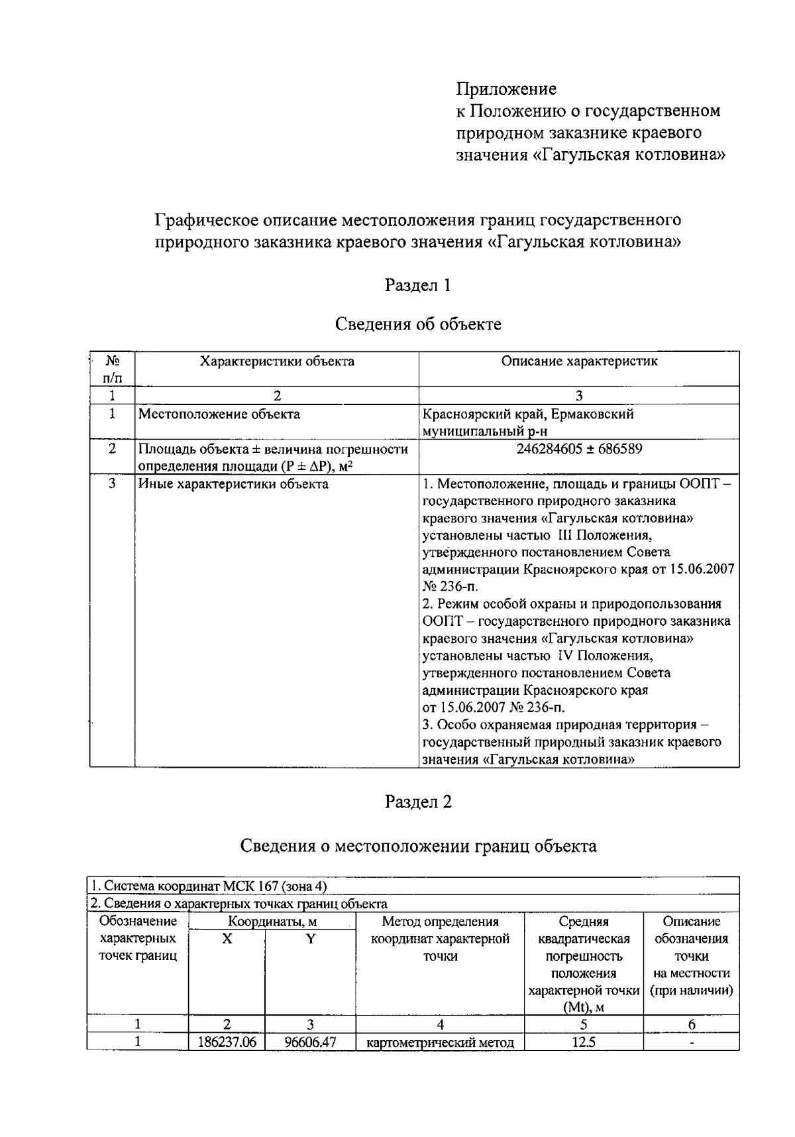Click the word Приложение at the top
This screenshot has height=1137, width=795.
(506, 89)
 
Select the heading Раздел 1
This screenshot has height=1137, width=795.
(417, 286)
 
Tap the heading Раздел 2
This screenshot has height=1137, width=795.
(418, 802)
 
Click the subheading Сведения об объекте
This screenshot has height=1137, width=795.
(417, 324)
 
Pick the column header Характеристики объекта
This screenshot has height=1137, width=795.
(277, 361)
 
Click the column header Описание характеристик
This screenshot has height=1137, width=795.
(579, 361)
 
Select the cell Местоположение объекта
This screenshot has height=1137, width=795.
(219, 414)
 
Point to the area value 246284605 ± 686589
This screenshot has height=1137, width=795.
(579, 449)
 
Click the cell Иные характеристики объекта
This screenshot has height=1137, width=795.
(233, 484)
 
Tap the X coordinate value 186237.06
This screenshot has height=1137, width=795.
(227, 1042)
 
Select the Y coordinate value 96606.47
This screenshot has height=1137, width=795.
(310, 1042)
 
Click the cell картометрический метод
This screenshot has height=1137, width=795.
(440, 1043)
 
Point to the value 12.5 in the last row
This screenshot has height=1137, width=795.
(583, 1042)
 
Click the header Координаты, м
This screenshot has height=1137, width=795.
(272, 922)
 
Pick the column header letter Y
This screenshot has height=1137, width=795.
(310, 939)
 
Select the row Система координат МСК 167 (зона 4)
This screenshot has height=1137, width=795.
(209, 886)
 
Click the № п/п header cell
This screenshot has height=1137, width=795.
(112, 369)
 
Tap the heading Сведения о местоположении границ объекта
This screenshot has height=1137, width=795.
(417, 846)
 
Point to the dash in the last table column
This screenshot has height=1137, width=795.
(691, 1042)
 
